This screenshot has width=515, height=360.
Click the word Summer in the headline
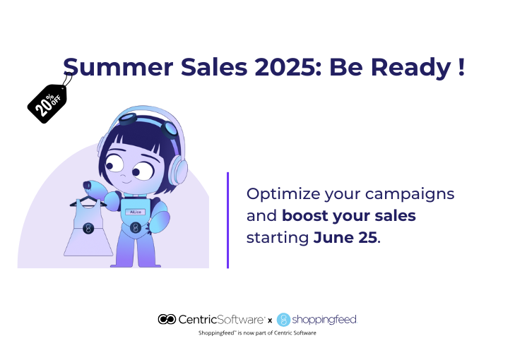(118, 67)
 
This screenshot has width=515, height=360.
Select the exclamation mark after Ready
(461, 67)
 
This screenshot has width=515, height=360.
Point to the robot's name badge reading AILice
(136, 212)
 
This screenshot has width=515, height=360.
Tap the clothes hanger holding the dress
(88, 201)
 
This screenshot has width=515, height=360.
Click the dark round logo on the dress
(88, 228)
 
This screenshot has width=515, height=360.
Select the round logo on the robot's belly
(136, 227)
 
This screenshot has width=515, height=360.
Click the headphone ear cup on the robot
(178, 170)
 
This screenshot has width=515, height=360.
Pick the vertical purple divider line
(227, 220)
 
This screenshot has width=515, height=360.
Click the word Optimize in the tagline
(283, 194)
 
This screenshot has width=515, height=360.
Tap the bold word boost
(304, 216)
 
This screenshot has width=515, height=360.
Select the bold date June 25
(345, 238)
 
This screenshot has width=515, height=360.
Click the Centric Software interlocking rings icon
(167, 319)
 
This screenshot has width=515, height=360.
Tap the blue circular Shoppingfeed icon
(283, 320)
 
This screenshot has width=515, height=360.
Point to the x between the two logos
(270, 320)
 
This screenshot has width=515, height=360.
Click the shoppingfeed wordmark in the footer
(324, 320)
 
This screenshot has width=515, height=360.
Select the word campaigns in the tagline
(410, 194)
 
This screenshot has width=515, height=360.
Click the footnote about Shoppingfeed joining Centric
(257, 332)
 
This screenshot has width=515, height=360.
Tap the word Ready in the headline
(410, 68)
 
